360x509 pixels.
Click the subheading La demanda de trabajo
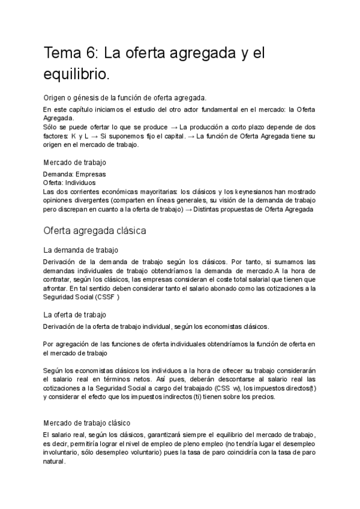click(x=81, y=250)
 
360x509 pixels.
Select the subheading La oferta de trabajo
click(x=75, y=315)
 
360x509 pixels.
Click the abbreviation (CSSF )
click(x=109, y=297)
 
